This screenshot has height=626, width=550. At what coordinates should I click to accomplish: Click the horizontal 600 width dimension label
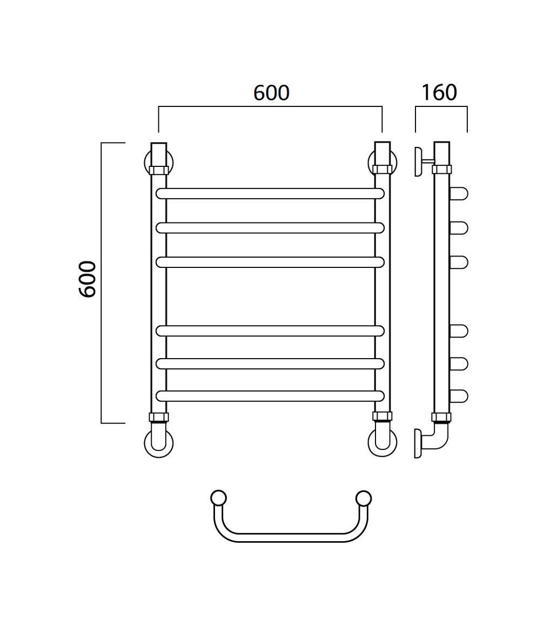pyautogui.click(x=271, y=92)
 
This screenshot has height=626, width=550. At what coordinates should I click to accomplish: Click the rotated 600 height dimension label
pyautogui.click(x=88, y=279)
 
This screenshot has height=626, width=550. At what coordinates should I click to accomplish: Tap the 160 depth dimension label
pyautogui.click(x=439, y=92)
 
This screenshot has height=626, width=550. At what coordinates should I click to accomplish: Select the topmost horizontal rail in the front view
pyautogui.click(x=270, y=193)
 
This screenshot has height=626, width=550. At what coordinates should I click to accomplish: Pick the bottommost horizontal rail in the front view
pyautogui.click(x=270, y=396)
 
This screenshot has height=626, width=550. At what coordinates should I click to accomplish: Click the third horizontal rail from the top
pyautogui.click(x=270, y=262)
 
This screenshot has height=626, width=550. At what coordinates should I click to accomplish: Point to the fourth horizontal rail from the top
pyautogui.click(x=270, y=331)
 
